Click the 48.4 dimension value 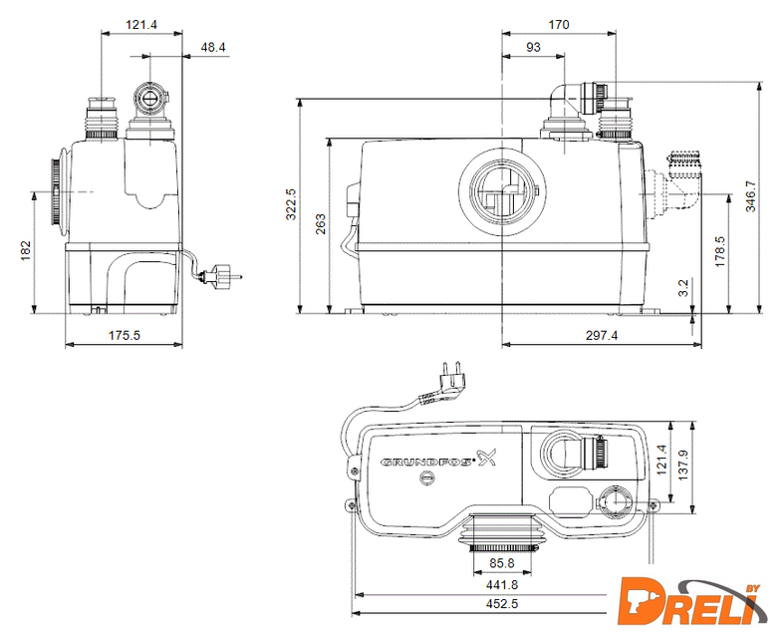tap(213, 47)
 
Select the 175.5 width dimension tap(125, 335)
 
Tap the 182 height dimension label tap(26, 251)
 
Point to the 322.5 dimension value tap(291, 203)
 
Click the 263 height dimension tap(321, 224)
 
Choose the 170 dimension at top tap(559, 25)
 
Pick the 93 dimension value tap(533, 47)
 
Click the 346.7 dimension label tap(750, 196)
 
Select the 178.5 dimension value tap(719, 251)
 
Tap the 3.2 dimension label tap(683, 288)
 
